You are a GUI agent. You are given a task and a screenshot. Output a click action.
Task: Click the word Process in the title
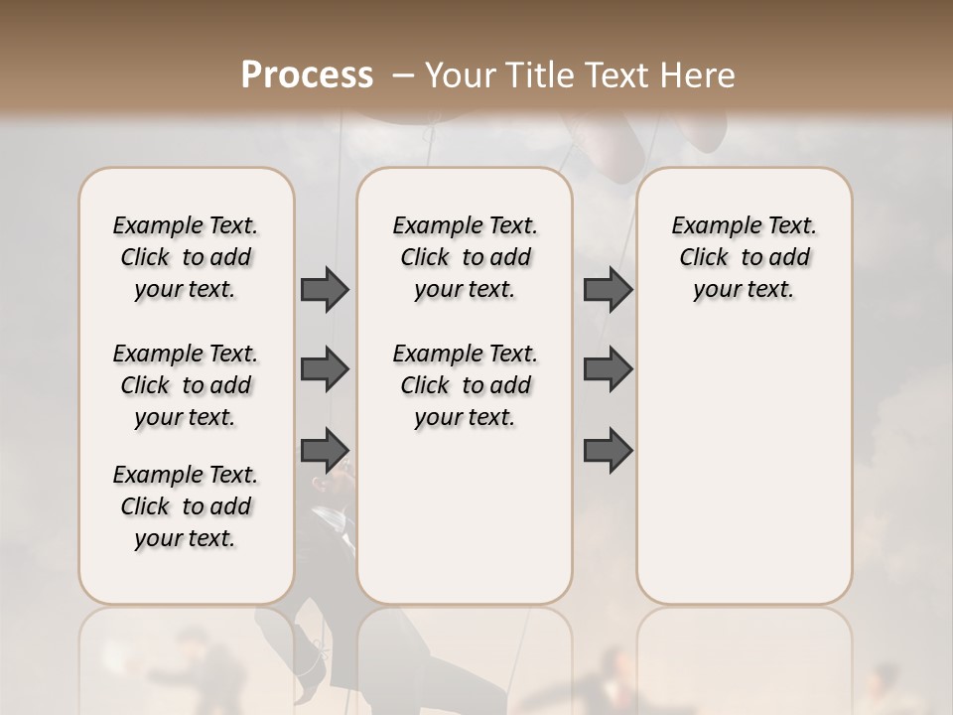coord(307,75)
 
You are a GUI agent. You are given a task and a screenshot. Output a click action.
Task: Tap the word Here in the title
coord(699,75)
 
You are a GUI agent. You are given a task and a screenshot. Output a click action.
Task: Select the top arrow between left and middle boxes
coord(325,289)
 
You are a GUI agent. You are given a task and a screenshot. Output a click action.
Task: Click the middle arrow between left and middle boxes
coord(325,369)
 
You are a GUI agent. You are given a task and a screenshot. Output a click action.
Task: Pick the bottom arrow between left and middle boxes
coord(325,450)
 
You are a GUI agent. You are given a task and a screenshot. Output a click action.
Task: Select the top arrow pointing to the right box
coord(608,289)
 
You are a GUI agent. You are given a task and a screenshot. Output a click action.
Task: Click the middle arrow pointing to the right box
coord(608,369)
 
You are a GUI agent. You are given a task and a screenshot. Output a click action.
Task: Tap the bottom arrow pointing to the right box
coord(608,450)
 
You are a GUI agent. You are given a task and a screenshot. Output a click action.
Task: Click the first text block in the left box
coord(186,257)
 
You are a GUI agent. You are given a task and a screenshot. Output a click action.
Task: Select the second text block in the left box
coord(186,385)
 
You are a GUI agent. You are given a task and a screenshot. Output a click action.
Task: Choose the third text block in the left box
coord(186,506)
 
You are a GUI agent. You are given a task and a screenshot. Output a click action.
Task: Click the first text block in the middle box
coord(465,257)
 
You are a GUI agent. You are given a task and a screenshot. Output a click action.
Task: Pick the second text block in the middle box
coord(465,385)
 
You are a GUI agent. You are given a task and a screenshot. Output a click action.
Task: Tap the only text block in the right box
coord(744,257)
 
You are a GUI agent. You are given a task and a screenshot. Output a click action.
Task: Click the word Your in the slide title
coord(459,75)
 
